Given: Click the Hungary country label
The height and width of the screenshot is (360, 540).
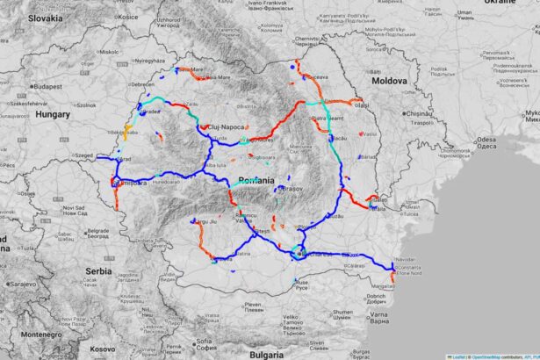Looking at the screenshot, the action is (x=52, y=114).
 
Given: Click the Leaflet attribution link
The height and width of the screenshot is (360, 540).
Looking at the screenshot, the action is (x=458, y=356).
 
